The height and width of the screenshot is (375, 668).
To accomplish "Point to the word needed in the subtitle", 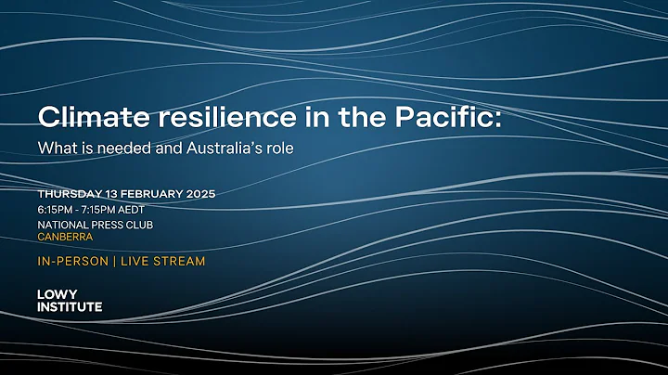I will [129, 148].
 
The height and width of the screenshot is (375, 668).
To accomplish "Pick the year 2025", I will [201, 194].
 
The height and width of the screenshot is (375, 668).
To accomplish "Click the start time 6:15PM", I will [58, 209].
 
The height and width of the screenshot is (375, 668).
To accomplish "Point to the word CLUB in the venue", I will [139, 224].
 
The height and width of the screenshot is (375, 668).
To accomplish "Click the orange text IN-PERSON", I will [71, 262].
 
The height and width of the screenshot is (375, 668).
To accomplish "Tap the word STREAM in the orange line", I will [180, 262].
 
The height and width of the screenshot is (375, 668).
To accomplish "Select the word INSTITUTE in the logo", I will [70, 306].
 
